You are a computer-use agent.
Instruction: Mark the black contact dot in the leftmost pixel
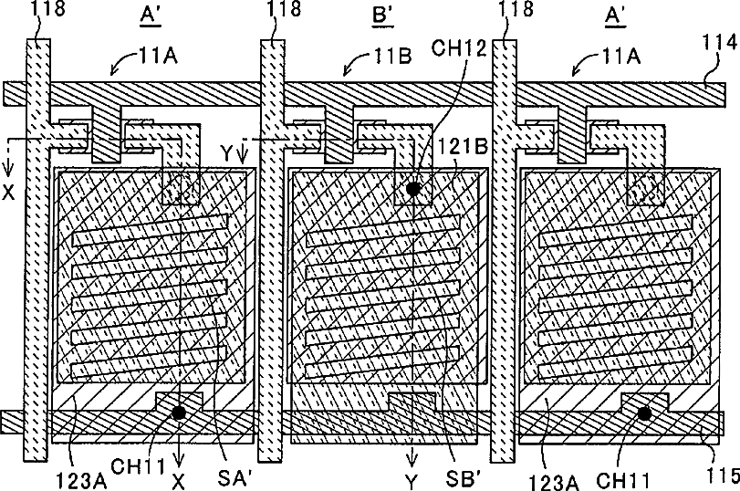[x=180, y=413]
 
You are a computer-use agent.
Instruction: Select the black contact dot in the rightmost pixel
[x=645, y=413]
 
